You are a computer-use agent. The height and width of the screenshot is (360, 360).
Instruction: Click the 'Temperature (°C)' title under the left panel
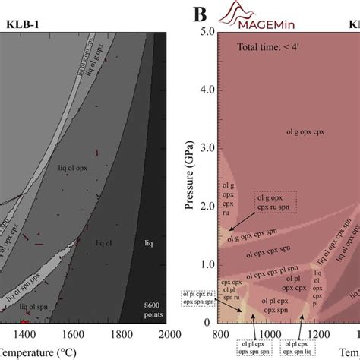[x=34, y=351]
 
